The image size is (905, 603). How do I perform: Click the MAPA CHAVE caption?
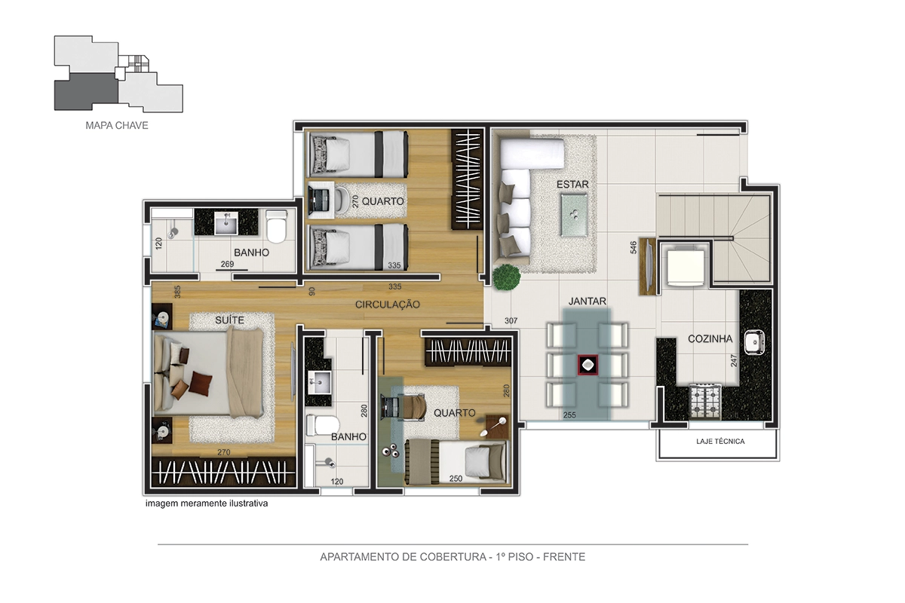(117, 125)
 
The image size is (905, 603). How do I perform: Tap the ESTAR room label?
(572, 184)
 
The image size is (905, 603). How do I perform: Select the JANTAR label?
(587, 301)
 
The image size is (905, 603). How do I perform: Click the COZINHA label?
(710, 338)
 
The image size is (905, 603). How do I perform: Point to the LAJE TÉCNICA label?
(720, 442)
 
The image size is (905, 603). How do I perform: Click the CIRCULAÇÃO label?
(388, 305)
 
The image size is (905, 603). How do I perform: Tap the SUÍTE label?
(229, 320)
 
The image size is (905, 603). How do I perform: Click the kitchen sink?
(754, 342)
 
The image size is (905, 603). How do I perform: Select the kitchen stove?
(705, 402)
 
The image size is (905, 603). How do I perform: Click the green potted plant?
(506, 277)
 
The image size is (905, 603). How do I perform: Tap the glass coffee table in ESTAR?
(574, 215)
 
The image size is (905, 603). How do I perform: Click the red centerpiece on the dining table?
(587, 365)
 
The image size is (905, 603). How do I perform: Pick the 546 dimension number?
(633, 247)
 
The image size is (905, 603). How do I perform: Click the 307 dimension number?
(511, 320)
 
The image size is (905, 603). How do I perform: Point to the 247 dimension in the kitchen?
(734, 360)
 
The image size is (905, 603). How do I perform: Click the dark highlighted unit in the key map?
(87, 92)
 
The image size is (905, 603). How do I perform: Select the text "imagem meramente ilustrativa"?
(207, 504)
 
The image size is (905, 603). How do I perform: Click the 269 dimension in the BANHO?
(227, 264)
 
